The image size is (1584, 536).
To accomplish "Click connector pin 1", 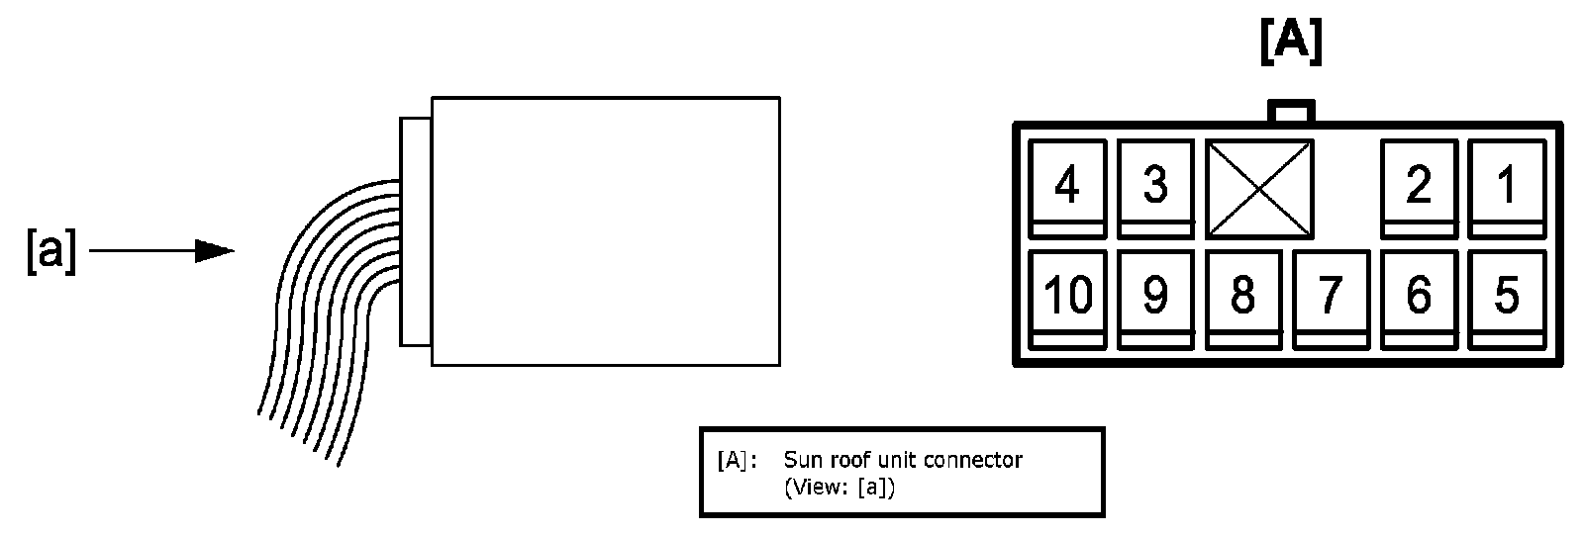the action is [1506, 187].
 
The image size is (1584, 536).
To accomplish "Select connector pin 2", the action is [1419, 187].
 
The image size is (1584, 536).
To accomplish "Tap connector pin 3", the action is [1154, 187].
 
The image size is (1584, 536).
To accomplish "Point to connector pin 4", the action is [1066, 187].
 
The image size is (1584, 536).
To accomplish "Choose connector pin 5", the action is [1506, 297].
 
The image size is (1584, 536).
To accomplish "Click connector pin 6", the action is [1419, 297].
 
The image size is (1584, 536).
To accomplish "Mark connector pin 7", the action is [1331, 297].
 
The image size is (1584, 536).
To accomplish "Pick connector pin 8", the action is [1242, 297].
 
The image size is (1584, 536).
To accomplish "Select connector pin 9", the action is [1154, 297].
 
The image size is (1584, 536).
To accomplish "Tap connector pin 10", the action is [1066, 297].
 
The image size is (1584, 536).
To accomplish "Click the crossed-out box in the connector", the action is [1259, 188].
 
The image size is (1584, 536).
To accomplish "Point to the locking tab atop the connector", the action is [1291, 112].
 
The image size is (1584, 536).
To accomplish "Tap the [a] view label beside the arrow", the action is [50, 253].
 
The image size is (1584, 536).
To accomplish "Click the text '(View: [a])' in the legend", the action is [839, 489].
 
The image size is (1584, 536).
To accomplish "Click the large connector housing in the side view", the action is [605, 230].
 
